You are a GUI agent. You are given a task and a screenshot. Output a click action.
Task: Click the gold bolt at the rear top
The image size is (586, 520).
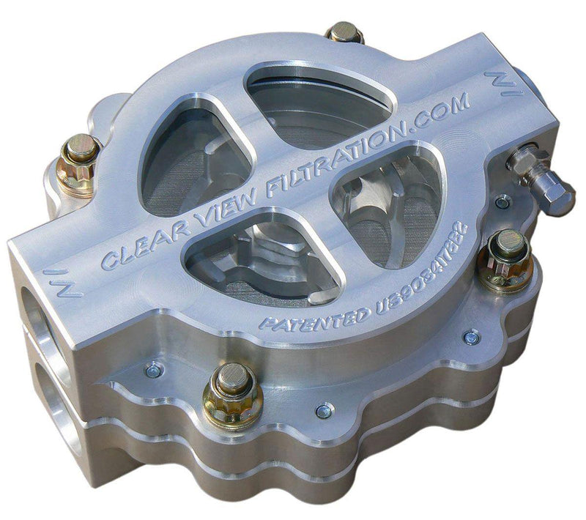pyautogui.click(x=344, y=33)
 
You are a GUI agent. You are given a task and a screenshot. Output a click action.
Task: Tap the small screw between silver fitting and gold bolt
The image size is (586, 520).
pyautogui.click(x=502, y=202)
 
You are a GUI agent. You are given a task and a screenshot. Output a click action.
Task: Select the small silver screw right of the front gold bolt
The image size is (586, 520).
pyautogui.click(x=320, y=411)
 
